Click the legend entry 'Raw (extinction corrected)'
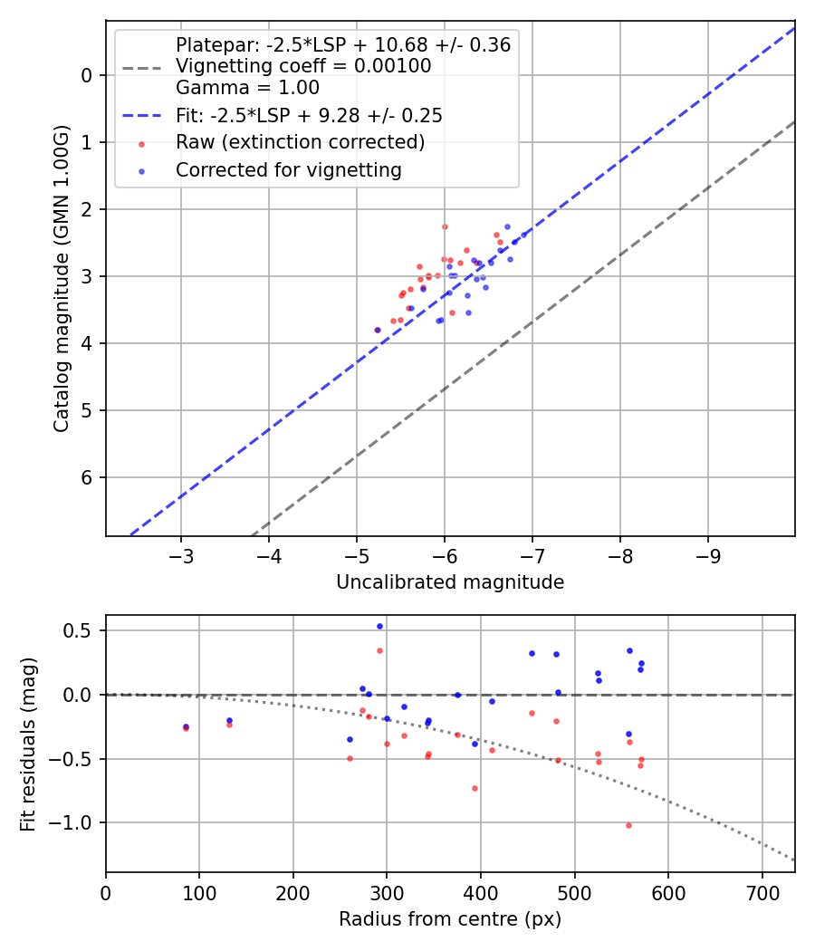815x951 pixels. [300, 142]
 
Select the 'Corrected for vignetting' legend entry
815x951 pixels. [288, 169]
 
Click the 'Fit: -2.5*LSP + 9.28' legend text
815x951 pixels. [309, 115]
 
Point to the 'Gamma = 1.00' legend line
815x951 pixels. [247, 88]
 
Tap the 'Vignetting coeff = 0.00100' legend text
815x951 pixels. [303, 66]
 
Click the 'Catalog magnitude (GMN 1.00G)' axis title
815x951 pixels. [61, 277]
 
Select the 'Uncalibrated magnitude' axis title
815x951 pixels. [450, 582]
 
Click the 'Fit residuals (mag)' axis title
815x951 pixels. [28, 744]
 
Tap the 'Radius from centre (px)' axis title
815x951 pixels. [450, 919]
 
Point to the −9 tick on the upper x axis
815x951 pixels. [707, 553]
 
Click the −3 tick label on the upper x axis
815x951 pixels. [181, 553]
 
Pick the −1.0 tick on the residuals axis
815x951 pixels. [76, 823]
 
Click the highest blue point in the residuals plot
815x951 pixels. [379, 626]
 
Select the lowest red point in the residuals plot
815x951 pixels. [628, 825]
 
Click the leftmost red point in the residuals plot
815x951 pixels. [186, 728]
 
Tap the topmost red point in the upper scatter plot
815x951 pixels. [445, 226]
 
